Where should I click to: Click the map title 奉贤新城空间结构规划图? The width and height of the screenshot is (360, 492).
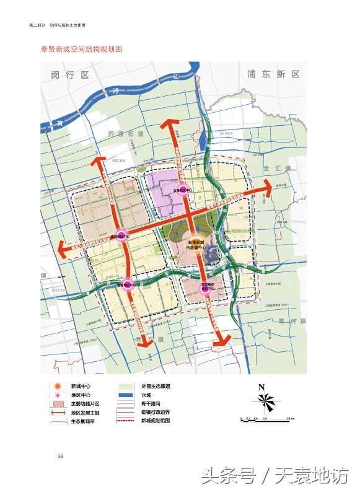pyautogui.click(x=82, y=48)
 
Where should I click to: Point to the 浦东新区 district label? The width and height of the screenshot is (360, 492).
pyautogui.click(x=273, y=74)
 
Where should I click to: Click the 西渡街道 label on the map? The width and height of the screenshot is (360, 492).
pyautogui.click(x=125, y=134)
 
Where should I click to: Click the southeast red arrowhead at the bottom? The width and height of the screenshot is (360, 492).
pyautogui.click(x=226, y=343)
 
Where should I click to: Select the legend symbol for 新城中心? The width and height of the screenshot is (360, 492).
pyautogui.click(x=57, y=386)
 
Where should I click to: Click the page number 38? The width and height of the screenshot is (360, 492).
pyautogui.click(x=60, y=457)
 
